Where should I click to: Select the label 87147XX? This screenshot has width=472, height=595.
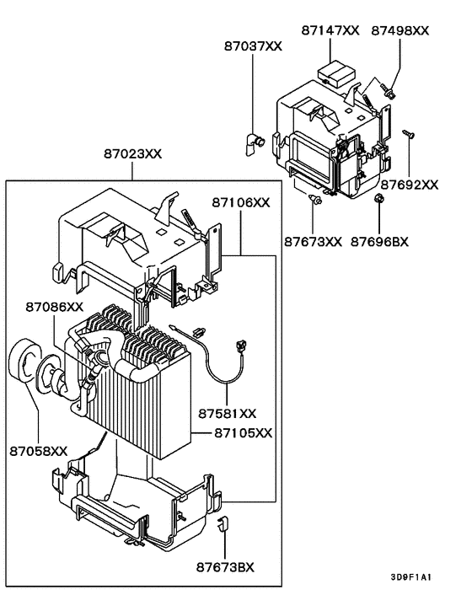pyautogui.click(x=330, y=29)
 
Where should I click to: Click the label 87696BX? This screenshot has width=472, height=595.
pyautogui.click(x=379, y=241)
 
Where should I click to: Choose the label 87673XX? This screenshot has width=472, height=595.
pyautogui.click(x=313, y=241)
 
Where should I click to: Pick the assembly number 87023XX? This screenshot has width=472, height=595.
pyautogui.click(x=133, y=154)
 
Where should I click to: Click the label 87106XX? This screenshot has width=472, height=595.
pyautogui.click(x=241, y=202)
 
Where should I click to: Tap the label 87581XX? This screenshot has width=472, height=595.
pyautogui.click(x=227, y=413)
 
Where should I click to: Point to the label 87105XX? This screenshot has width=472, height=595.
pyautogui.click(x=243, y=432)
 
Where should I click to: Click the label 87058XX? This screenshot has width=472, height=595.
pyautogui.click(x=38, y=451)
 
